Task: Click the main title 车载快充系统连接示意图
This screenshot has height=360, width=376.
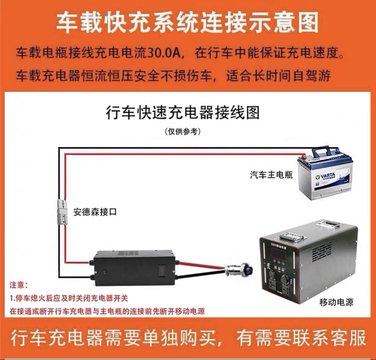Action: [x=187, y=22]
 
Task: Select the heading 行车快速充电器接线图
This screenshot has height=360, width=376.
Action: [x=182, y=113]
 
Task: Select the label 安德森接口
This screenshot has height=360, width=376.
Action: [x=95, y=212]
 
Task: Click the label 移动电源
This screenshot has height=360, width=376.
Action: [x=336, y=303]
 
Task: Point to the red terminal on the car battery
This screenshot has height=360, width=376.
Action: [x=303, y=155]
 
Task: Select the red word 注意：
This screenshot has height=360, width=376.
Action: [x=19, y=285]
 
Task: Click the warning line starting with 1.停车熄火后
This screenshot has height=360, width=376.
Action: [x=69, y=298]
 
